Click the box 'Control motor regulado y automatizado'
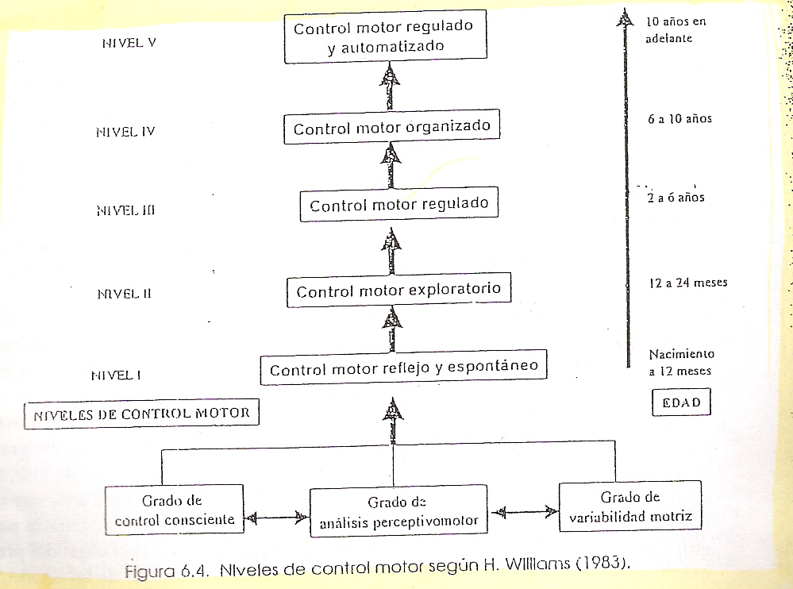383,37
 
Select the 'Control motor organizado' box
392,128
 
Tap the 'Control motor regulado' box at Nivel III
398,206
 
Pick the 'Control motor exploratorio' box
398,291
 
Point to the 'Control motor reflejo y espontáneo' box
404,369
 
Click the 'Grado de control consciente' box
173,510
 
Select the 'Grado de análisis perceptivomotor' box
398,512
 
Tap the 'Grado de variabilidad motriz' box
629,507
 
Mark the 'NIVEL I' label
116,375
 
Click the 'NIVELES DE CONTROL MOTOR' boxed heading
141,413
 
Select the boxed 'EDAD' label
680,402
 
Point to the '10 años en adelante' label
676,29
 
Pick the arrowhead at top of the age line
628,17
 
